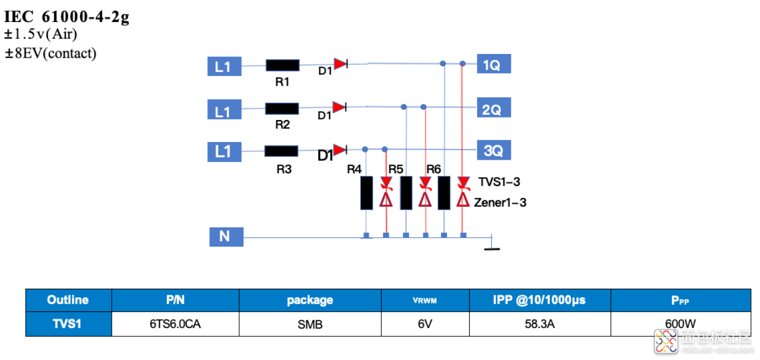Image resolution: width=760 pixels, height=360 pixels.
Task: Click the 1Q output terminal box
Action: (493, 64)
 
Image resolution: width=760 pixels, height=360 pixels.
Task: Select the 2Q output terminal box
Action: (493, 108)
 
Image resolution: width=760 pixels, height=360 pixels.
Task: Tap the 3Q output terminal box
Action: (493, 150)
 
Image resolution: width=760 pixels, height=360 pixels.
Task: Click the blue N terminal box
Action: (226, 236)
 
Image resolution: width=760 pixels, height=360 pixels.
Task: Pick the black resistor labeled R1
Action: (283, 65)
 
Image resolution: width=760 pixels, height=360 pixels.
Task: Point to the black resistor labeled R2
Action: (282, 109)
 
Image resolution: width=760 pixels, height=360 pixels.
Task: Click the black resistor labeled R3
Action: (281, 151)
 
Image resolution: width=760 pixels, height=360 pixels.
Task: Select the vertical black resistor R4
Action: (366, 193)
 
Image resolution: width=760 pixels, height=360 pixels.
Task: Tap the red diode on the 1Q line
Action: (341, 64)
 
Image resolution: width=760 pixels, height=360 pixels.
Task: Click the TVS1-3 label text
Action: (499, 182)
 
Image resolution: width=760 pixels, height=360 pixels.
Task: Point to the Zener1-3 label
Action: (500, 203)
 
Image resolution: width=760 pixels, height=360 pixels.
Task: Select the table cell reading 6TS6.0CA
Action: (175, 324)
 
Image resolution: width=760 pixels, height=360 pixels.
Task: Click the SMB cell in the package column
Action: (310, 324)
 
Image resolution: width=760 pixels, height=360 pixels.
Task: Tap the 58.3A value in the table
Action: (540, 324)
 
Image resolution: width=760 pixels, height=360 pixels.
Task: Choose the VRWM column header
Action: (425, 300)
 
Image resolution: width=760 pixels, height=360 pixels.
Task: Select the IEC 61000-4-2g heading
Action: (66, 16)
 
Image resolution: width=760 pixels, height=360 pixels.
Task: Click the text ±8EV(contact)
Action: (50, 53)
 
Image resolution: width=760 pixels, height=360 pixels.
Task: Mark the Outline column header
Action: (68, 300)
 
